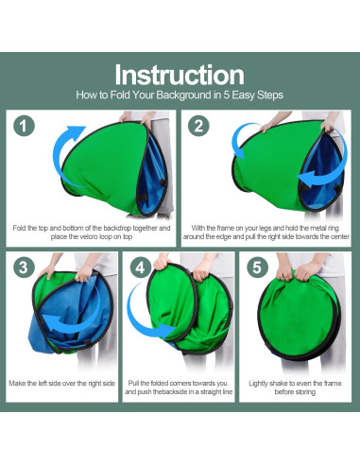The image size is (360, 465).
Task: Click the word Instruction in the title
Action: point(180,75)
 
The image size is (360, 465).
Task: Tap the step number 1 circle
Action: point(24,126)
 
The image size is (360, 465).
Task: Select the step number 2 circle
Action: point(198,126)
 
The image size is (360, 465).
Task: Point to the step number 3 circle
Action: point(24,267)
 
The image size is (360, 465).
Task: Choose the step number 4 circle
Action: point(141,267)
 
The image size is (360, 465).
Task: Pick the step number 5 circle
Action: point(257,267)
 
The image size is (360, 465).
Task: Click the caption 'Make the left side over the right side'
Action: point(61,384)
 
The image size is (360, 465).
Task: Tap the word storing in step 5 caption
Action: point(304,392)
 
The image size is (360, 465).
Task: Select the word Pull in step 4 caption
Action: point(133,384)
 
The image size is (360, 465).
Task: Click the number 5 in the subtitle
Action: point(226,95)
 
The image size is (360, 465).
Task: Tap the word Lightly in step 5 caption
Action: point(258,384)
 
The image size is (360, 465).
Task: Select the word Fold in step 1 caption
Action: point(19,228)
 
